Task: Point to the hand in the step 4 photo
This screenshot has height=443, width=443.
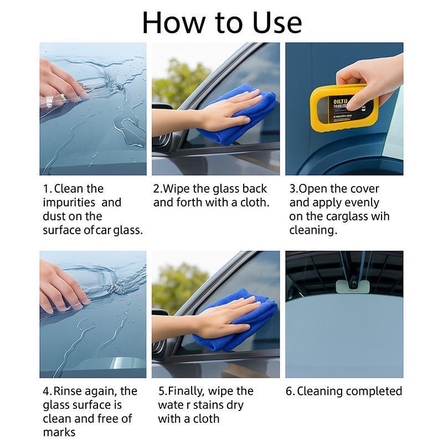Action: (61, 285)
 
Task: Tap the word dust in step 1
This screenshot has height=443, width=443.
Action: (54, 217)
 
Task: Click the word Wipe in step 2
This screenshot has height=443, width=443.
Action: (178, 189)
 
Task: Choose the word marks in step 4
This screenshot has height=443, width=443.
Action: (59, 432)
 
